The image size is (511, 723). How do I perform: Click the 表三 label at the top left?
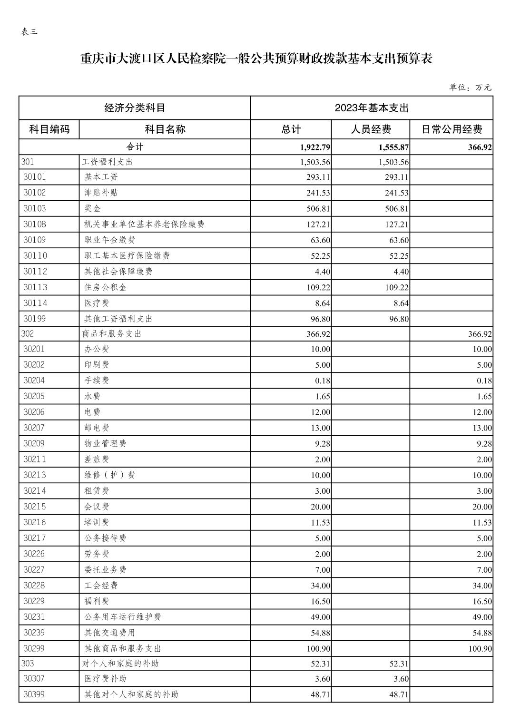tap(29, 32)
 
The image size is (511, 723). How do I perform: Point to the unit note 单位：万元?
tap(470, 87)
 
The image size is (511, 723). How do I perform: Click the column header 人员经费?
tap(371, 129)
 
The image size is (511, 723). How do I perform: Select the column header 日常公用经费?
tap(452, 129)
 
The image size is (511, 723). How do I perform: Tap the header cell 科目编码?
tap(49, 129)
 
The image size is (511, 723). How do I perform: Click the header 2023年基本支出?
tap(372, 108)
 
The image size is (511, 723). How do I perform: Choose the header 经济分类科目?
tap(135, 108)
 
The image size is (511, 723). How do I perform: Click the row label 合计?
tap(135, 147)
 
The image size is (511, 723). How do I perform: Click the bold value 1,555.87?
tap(393, 147)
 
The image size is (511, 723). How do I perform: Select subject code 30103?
tap(35, 208)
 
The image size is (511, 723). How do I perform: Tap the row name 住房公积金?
tap(105, 287)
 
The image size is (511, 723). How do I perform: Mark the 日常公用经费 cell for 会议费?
tap(482, 507)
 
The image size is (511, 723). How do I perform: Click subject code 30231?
tap(34, 616)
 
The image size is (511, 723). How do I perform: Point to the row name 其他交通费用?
tap(109, 633)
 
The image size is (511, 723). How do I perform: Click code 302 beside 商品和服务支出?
tap(28, 334)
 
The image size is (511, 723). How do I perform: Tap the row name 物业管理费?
tap(105, 443)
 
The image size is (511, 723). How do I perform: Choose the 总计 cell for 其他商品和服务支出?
tap(318, 648)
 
